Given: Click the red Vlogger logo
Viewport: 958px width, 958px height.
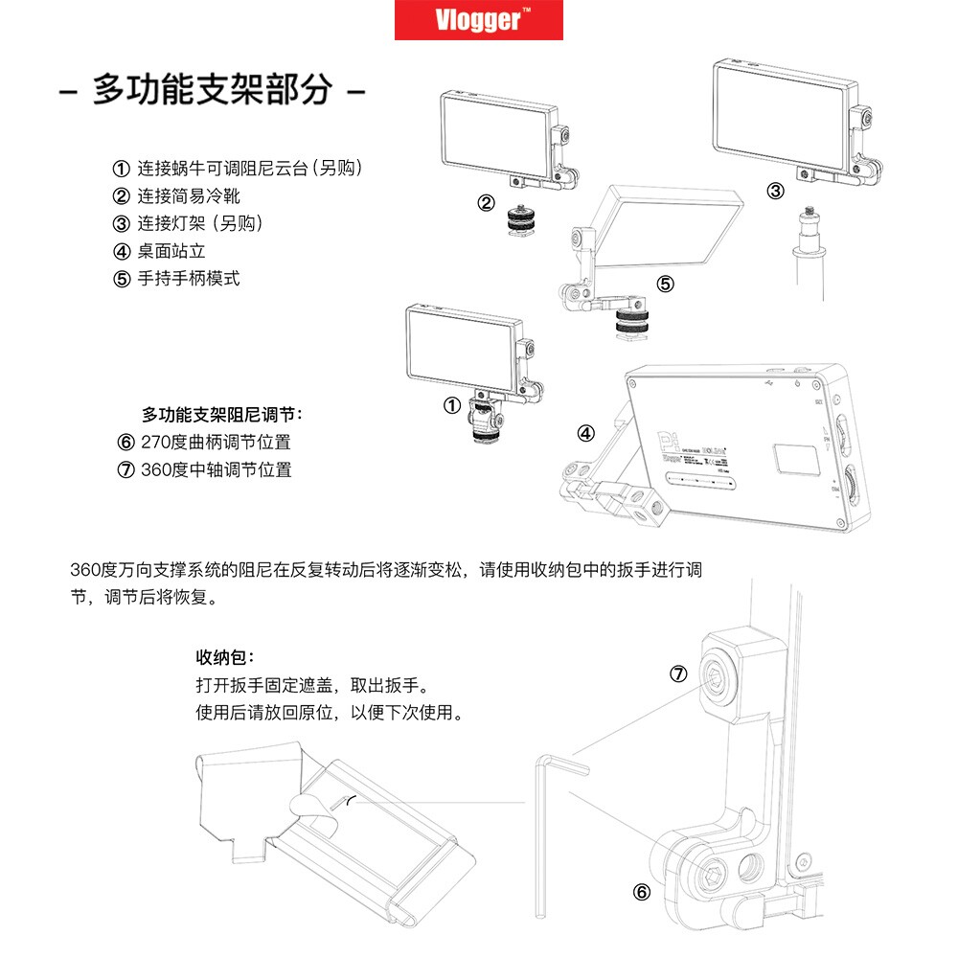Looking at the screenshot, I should [479, 20].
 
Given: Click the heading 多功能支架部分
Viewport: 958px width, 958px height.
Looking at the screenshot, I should [212, 91].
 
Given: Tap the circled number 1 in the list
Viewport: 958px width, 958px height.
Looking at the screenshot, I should [121, 169].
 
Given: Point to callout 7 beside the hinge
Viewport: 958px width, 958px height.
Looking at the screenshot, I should [678, 674].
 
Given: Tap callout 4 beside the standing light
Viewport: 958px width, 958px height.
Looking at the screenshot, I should [586, 432].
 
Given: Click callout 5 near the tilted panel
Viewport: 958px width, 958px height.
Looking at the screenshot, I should [665, 284].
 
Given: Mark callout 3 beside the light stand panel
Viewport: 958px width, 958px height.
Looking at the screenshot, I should [775, 192].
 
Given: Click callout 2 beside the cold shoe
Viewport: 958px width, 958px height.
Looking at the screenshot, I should [487, 203].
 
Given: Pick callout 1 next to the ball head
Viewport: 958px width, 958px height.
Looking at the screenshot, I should [452, 406].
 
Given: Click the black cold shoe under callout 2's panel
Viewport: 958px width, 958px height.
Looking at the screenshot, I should [522, 226].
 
